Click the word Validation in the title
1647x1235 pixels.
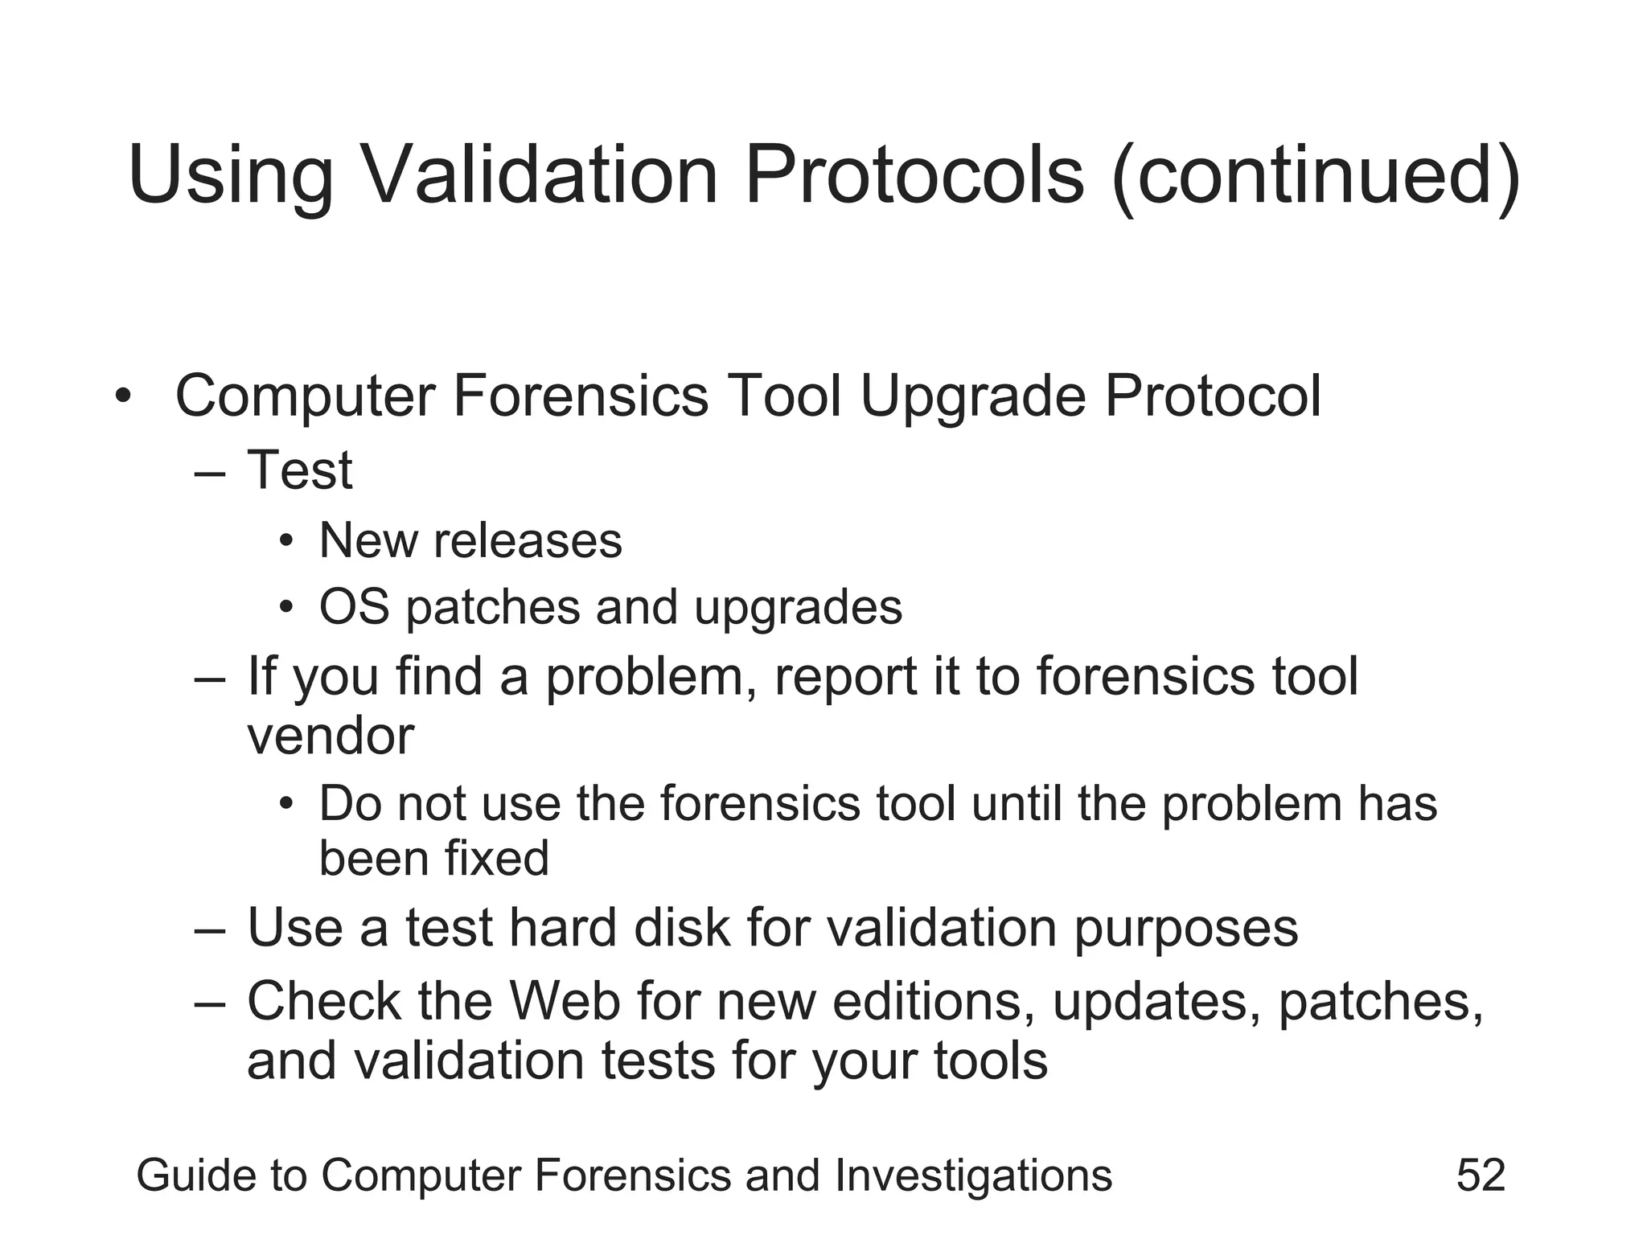tap(540, 175)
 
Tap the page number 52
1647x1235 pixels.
tap(1481, 1175)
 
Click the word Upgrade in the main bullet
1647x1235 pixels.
tap(973, 396)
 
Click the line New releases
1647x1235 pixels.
tap(470, 540)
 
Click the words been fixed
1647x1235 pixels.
tap(434, 858)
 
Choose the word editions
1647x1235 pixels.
tap(933, 1002)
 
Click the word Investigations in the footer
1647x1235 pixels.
tap(973, 1176)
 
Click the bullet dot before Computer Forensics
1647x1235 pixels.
tap(122, 396)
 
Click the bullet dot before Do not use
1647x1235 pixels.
tap(286, 804)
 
